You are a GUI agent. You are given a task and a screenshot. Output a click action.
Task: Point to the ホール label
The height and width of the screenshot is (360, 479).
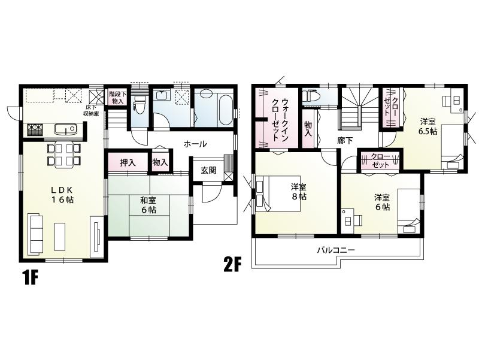click(x=195, y=144)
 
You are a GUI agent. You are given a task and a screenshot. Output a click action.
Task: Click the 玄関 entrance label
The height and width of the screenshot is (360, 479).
click(x=208, y=170)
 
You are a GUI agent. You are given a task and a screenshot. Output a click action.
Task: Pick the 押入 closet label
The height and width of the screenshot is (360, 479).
click(x=128, y=162)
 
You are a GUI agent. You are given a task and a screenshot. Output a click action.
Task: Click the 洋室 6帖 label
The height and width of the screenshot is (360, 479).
click(x=383, y=202)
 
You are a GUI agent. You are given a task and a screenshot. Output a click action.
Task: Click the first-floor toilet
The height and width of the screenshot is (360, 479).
click(x=140, y=106)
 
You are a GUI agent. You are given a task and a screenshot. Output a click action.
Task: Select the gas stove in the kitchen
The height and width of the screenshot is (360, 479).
click(x=34, y=128)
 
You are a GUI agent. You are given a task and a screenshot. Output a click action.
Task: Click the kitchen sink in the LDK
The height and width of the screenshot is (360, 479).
click(x=63, y=128)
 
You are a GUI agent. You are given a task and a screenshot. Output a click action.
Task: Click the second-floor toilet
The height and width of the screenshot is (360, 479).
click(x=311, y=95)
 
